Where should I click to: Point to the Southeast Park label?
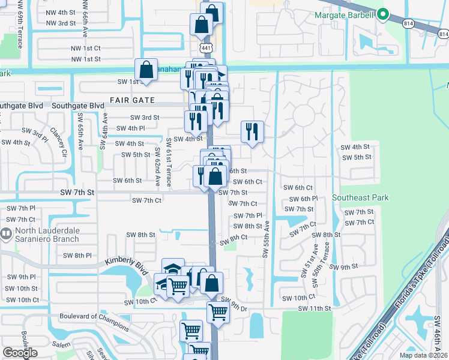tap(361, 197)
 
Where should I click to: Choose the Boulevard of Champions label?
tap(94, 322)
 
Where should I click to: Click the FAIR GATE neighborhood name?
tap(132, 100)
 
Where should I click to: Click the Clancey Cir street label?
tap(56, 139)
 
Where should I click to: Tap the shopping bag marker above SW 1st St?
tap(146, 70)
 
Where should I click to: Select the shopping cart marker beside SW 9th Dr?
tap(218, 311)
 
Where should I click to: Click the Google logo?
tap(20, 353)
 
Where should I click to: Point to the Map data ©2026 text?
tap(423, 355)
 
